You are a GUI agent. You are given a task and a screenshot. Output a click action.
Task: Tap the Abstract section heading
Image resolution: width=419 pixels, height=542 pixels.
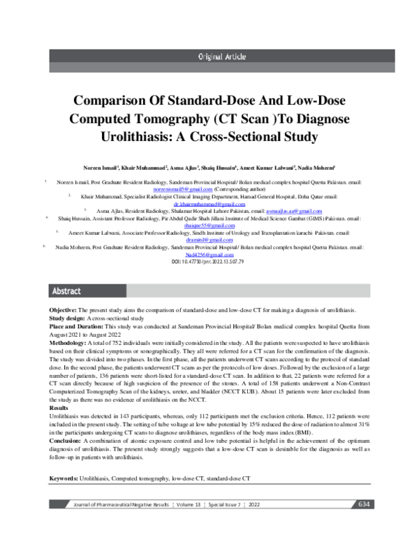point(67,291)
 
